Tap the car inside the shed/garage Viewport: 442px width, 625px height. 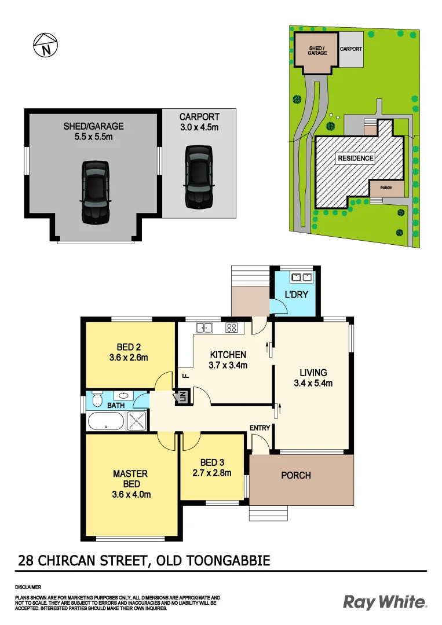96,192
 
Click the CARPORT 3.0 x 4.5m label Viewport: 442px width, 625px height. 199,122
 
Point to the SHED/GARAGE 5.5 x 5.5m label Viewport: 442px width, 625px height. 93,131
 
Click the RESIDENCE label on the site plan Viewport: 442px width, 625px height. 356,158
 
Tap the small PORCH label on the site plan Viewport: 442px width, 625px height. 386,188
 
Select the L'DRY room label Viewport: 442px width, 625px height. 295,295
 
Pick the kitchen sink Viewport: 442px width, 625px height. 204,328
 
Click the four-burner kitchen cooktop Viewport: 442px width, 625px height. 231,328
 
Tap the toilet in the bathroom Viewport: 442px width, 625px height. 97,400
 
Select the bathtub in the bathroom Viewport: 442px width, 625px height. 106,422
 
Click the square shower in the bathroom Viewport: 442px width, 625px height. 137,422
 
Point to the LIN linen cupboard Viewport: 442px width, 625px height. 181,397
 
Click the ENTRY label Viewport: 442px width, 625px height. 260,428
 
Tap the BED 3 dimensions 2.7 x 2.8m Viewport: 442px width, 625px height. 211,473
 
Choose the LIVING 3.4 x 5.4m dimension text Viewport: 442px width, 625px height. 313,383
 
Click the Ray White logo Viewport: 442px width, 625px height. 385,602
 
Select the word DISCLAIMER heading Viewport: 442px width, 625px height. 27,587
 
